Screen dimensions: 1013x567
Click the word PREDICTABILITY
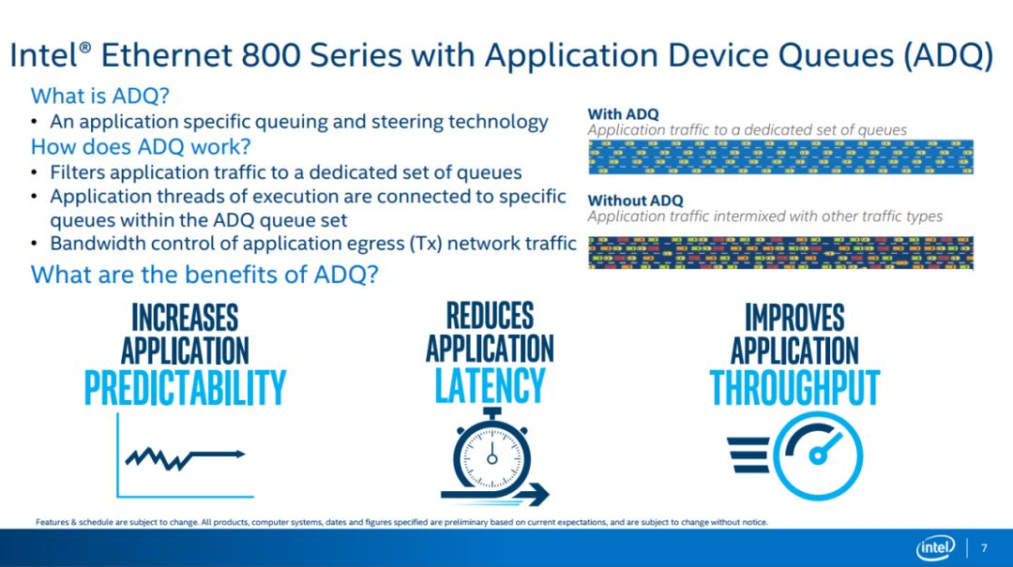pyautogui.click(x=185, y=387)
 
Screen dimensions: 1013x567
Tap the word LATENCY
pyautogui.click(x=491, y=385)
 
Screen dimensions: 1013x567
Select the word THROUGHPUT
pyautogui.click(x=794, y=387)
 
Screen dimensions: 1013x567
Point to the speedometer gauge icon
pyautogui.click(x=795, y=455)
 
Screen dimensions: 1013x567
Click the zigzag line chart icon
pyautogui.click(x=185, y=455)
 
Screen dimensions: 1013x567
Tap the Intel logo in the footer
pyautogui.click(x=935, y=548)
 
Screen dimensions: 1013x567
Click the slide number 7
pyautogui.click(x=984, y=548)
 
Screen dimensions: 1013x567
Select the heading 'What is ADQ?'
pyautogui.click(x=100, y=96)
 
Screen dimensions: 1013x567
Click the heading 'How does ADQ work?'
pyautogui.click(x=141, y=146)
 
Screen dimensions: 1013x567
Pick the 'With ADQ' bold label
pyautogui.click(x=624, y=113)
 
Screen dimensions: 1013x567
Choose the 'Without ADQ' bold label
pyautogui.click(x=635, y=201)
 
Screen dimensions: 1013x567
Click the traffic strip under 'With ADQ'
pyautogui.click(x=780, y=157)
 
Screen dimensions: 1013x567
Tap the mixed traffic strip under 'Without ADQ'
pyautogui.click(x=780, y=252)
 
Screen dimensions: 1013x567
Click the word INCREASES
pyautogui.click(x=185, y=318)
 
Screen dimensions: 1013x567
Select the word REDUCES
pyautogui.click(x=491, y=316)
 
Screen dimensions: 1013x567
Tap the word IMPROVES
pyautogui.click(x=794, y=318)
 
